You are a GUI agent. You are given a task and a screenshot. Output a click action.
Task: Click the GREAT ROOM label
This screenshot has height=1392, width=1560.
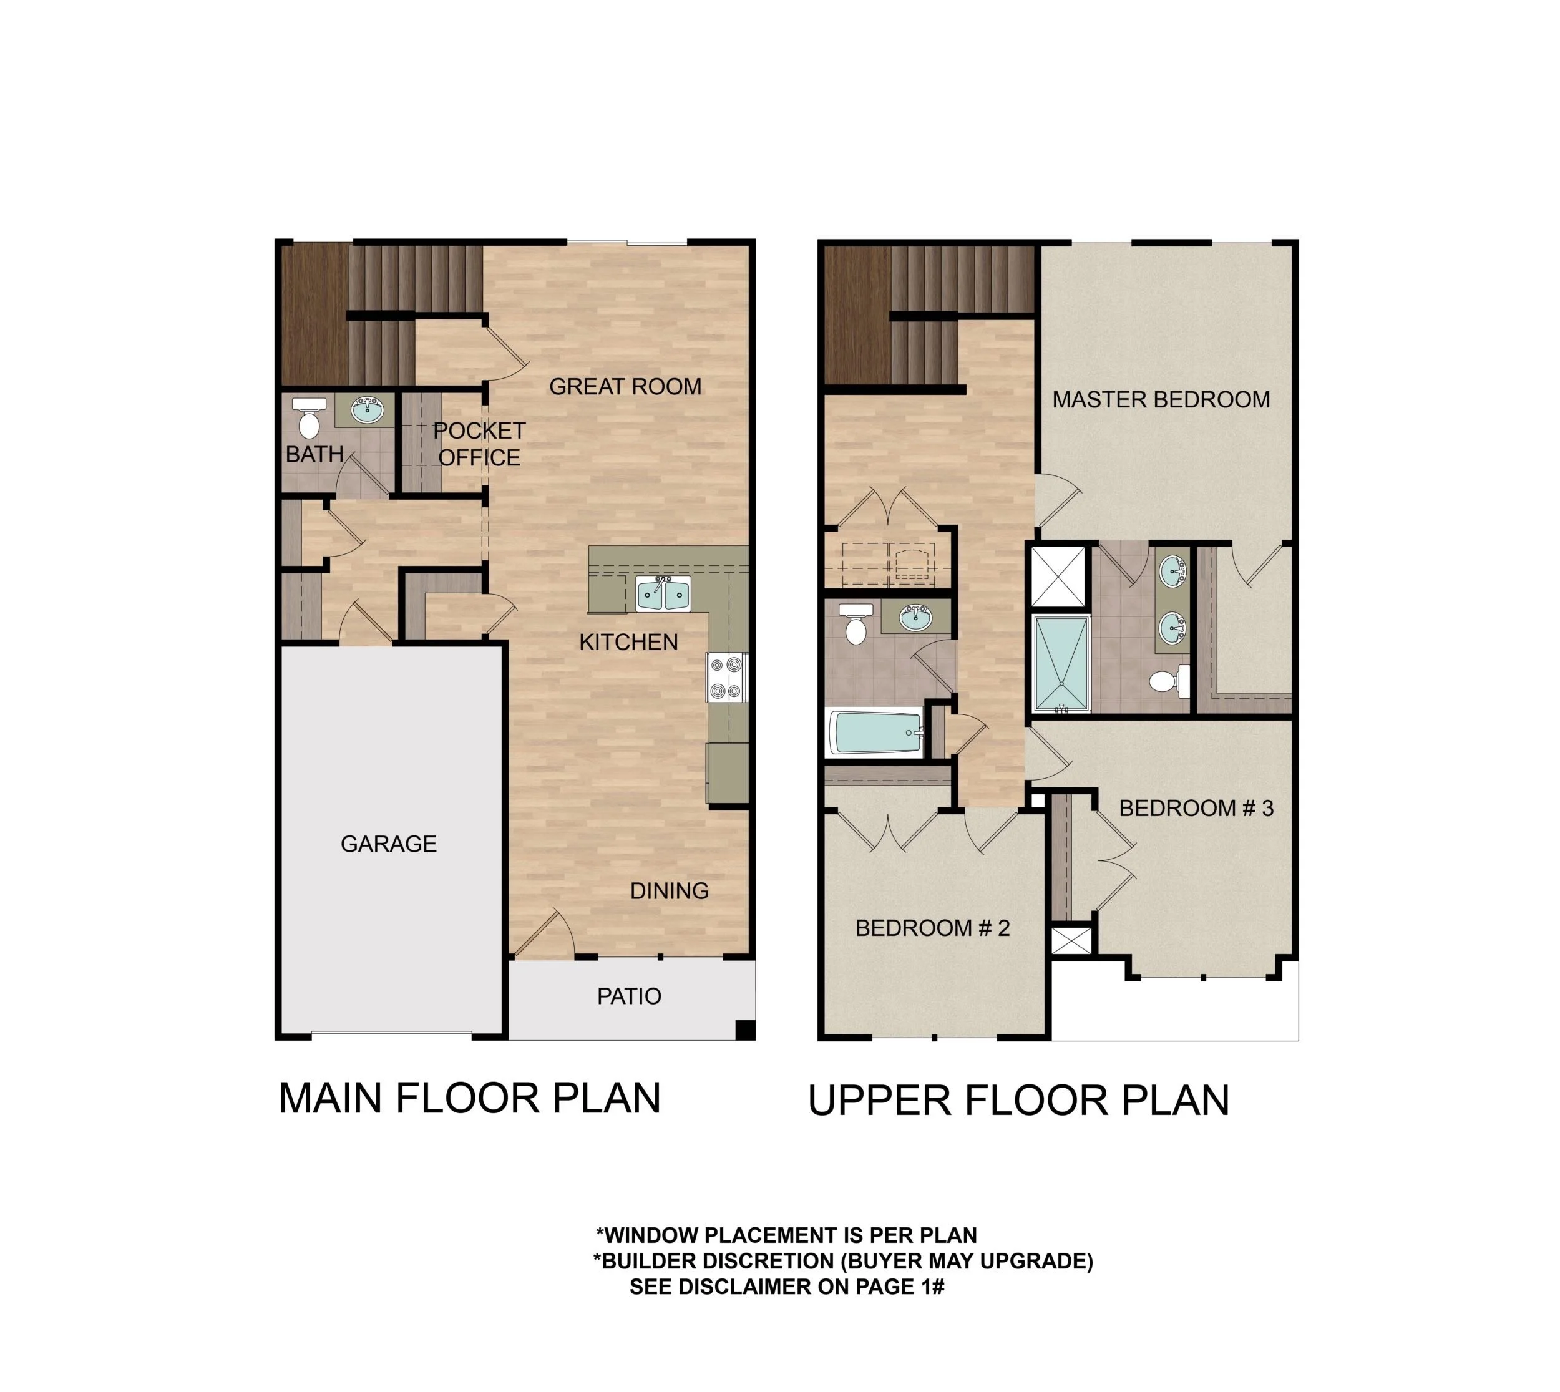pos(625,387)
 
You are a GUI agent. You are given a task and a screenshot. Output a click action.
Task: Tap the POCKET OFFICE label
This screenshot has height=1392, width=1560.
pos(479,444)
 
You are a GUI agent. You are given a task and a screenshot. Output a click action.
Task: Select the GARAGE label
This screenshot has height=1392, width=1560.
pos(389,844)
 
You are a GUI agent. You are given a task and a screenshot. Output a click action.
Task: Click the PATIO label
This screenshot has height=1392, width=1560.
pos(628,996)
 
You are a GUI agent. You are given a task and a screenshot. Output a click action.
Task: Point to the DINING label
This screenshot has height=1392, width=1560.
pos(669,890)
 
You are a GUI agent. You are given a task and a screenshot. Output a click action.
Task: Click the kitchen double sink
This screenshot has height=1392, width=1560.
pos(662,593)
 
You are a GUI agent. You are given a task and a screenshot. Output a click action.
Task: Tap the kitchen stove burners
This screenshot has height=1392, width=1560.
pos(726,677)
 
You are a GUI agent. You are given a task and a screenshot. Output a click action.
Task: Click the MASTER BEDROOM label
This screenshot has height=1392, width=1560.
pos(1160,399)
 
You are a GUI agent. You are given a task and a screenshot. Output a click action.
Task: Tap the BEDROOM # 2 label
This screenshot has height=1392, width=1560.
pos(932,928)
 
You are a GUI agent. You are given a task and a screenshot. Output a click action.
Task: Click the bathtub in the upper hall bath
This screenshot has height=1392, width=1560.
pos(875,733)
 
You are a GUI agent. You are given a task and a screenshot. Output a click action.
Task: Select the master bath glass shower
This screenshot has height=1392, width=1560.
pos(1060,664)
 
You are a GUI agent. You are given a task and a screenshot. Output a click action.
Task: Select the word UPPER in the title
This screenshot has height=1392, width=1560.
pos(879,1100)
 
